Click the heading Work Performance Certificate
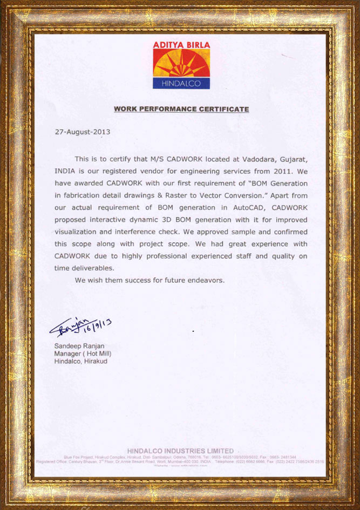point(181,109)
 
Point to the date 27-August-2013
point(82,132)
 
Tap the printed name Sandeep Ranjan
point(79,346)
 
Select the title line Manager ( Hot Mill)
point(83,353)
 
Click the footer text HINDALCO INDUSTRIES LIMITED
point(181,451)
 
